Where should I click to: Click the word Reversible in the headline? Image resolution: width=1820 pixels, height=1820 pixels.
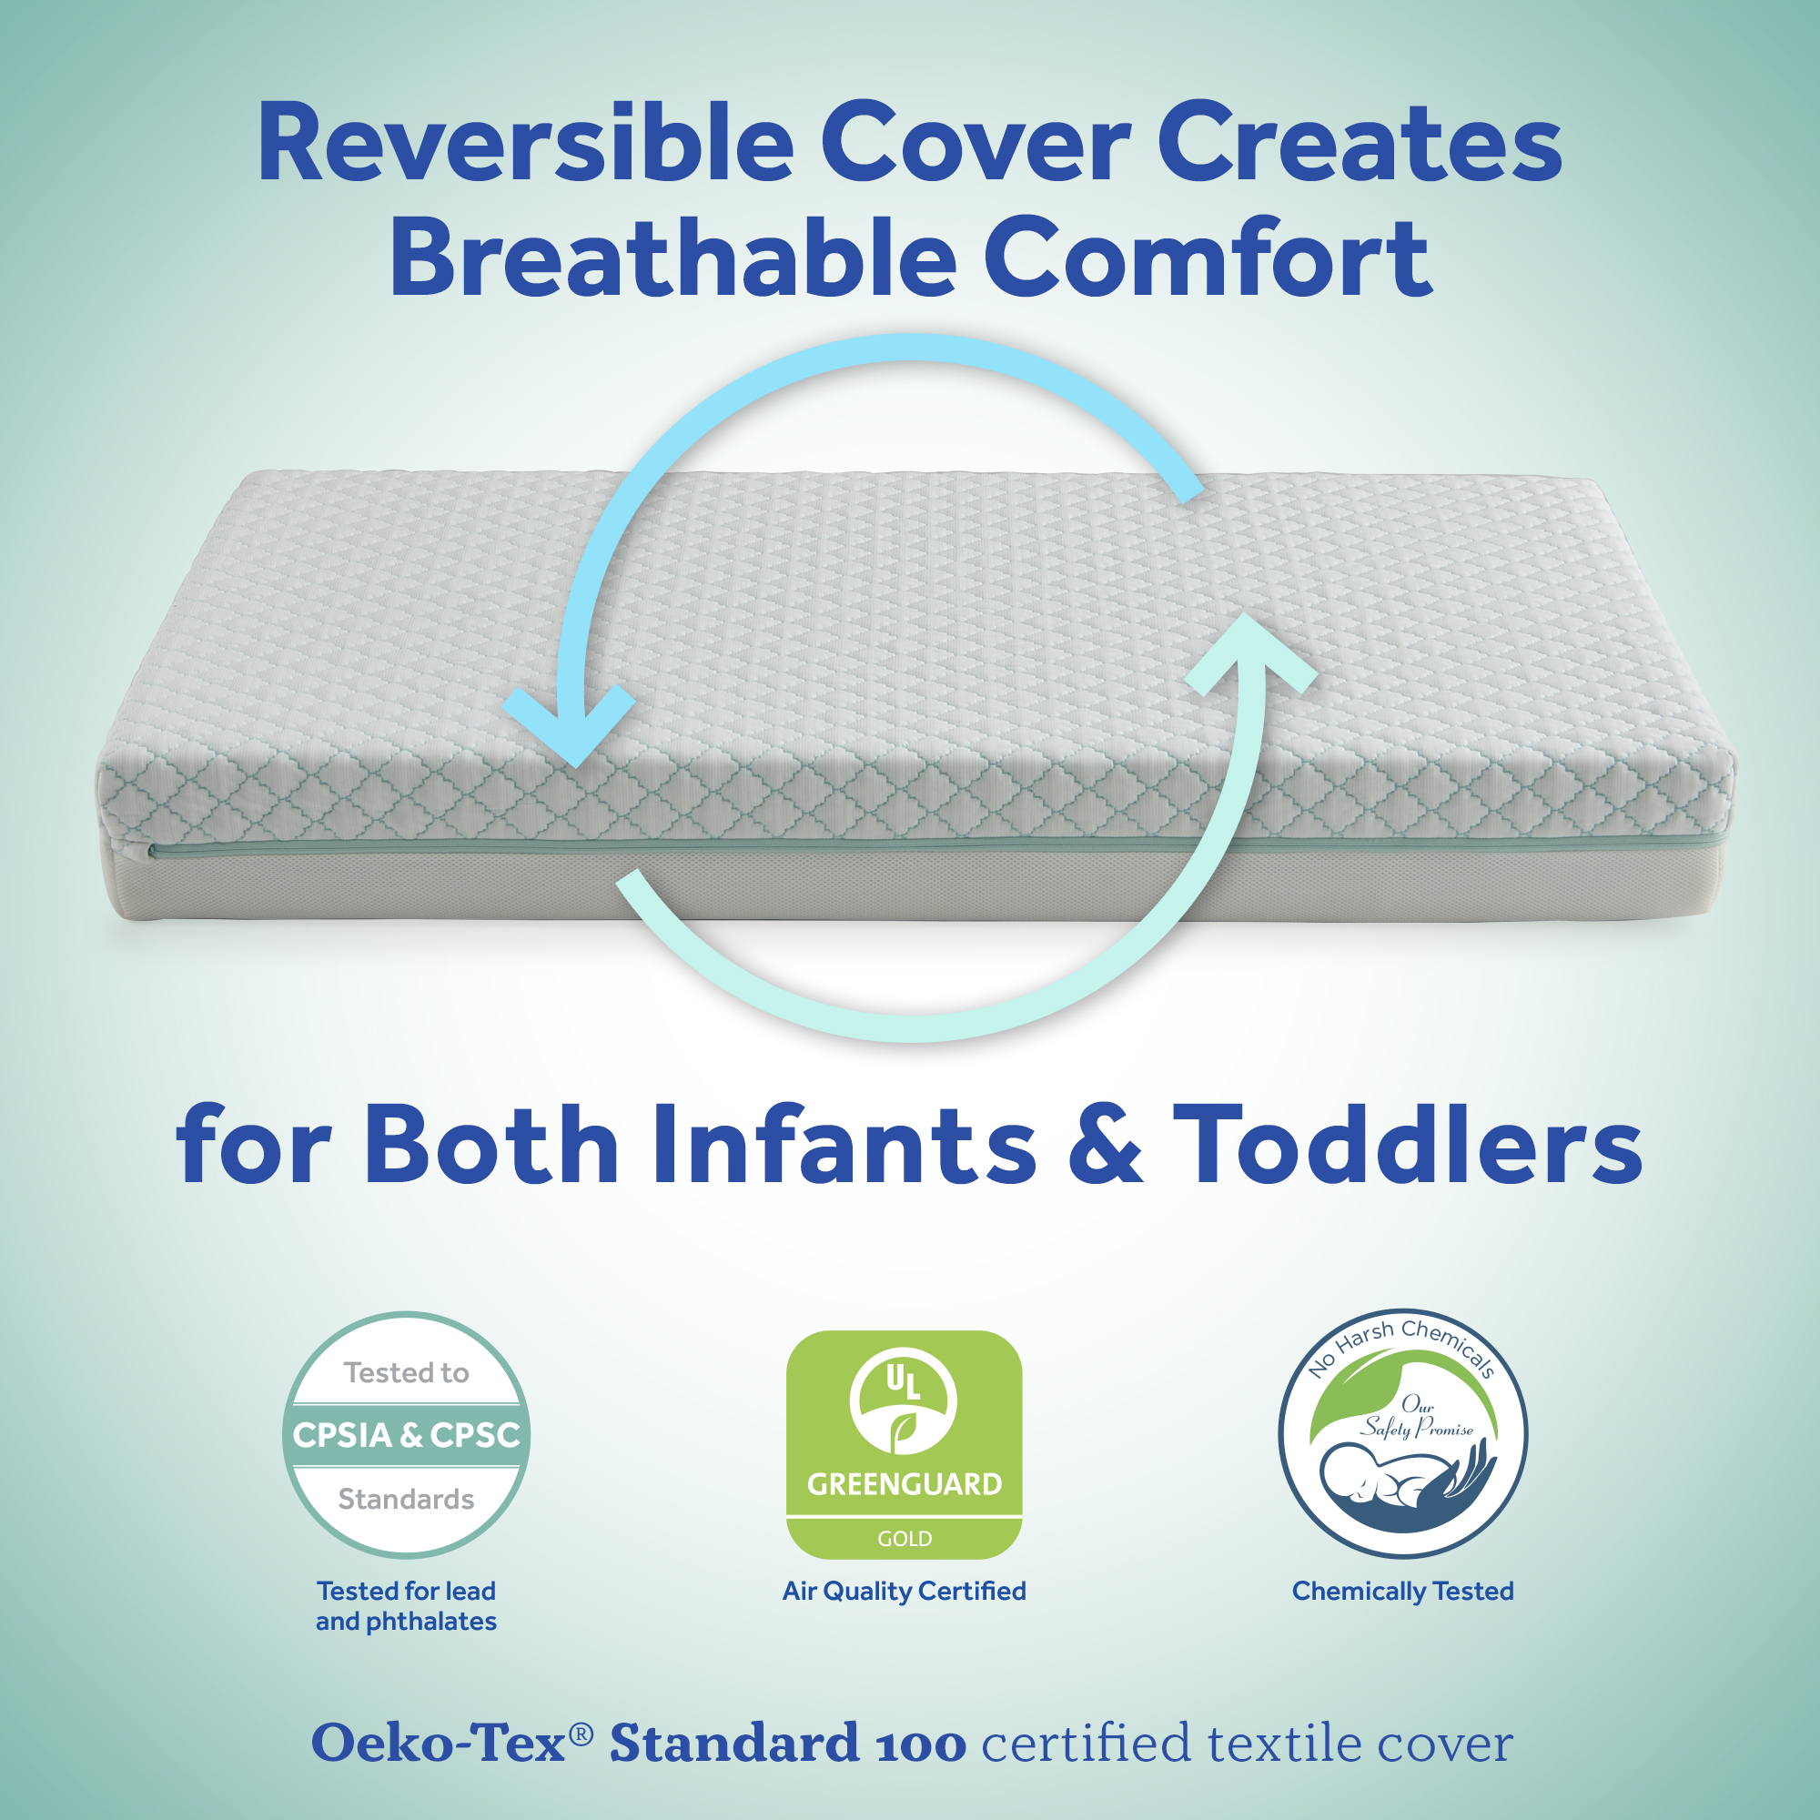526,143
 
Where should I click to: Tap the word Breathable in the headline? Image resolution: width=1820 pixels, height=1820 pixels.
672,257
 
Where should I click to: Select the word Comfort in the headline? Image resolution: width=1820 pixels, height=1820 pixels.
1208,257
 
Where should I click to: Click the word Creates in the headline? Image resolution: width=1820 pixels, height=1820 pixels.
1360,143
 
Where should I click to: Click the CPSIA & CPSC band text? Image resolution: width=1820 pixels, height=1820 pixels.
406,1435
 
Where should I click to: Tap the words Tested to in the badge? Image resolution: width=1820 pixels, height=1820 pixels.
406,1372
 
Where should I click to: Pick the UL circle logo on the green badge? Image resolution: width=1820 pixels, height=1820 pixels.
904,1400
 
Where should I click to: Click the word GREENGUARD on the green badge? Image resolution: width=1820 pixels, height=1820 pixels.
905,1484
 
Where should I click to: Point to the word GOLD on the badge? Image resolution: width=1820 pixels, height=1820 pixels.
905,1540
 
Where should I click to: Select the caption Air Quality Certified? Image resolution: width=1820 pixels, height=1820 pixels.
905,1591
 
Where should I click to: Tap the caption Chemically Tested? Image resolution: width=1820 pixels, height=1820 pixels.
1402,1591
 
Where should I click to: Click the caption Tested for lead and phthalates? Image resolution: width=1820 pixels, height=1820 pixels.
406,1606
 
